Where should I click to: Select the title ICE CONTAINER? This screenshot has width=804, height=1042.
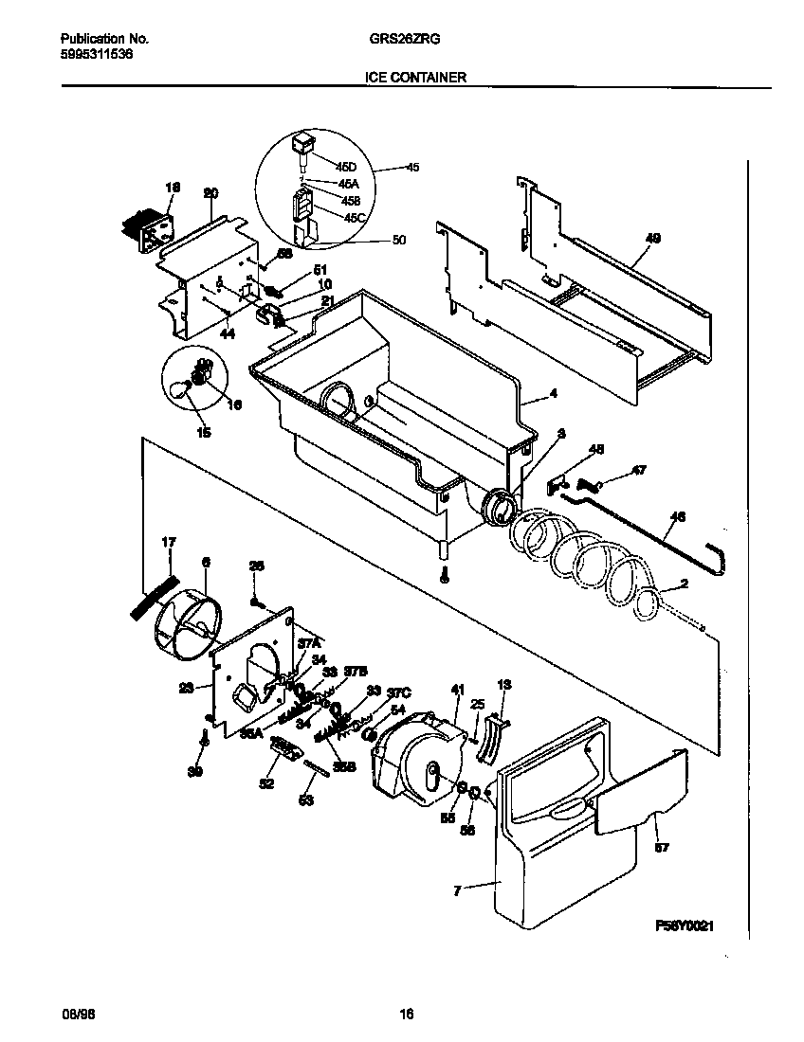[415, 78]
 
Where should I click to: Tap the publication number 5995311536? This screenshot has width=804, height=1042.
[96, 54]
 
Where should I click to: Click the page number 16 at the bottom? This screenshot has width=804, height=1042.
[406, 1015]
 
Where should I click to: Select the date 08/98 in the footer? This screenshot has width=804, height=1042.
[78, 1015]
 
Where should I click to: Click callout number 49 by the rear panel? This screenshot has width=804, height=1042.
[652, 238]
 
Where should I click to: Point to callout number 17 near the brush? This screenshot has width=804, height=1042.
[168, 542]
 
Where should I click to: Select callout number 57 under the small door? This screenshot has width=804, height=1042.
[661, 848]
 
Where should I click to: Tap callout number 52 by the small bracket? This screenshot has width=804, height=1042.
[266, 782]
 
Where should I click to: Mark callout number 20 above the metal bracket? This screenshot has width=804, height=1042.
[210, 193]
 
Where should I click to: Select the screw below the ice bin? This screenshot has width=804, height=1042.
[445, 574]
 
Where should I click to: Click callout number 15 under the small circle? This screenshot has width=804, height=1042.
[203, 434]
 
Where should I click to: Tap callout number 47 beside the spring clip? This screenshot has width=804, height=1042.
[639, 470]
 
